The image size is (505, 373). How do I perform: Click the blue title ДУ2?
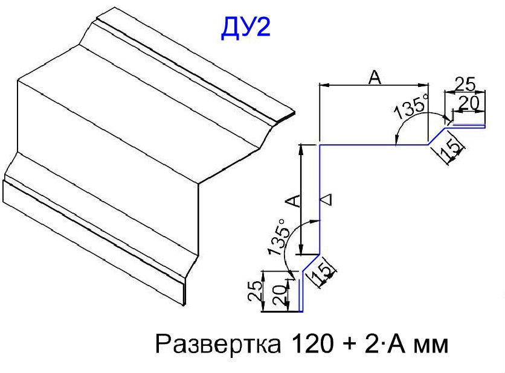pos(245,28)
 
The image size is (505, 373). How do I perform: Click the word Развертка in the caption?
pos(217,343)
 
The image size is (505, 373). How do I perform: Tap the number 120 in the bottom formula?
pos(312,343)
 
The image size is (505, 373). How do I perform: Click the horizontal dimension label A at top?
pos(375,77)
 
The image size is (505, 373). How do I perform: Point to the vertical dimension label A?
pos(293,200)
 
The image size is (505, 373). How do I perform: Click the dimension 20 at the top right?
pos(468,104)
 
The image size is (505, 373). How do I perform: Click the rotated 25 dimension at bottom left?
pos(255,290)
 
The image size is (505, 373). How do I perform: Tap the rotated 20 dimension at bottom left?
pos(279,295)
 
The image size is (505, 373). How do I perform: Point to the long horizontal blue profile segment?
pos(373,145)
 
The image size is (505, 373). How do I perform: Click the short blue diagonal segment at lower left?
pos(311,263)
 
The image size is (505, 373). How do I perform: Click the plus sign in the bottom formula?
pos(349,345)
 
